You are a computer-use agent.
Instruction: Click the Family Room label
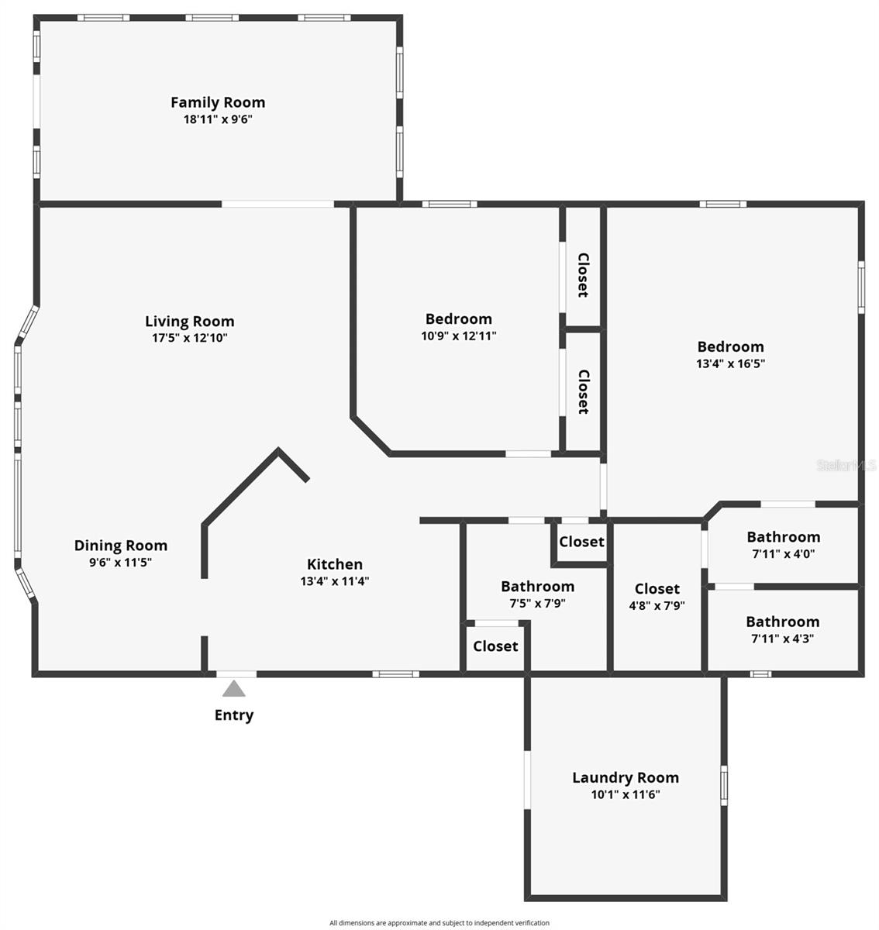tap(218, 102)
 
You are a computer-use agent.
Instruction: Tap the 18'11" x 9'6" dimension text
tap(218, 120)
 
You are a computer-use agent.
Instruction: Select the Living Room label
tap(190, 322)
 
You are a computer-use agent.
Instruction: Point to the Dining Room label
tap(121, 546)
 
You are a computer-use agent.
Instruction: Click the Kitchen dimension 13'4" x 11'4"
tap(335, 581)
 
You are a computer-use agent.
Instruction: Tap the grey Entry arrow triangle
tap(234, 688)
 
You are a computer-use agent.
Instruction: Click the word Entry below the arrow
tap(234, 715)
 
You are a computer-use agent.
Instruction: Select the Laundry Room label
tap(626, 778)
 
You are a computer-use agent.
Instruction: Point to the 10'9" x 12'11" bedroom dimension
tap(459, 336)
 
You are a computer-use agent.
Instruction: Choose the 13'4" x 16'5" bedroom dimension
tap(731, 364)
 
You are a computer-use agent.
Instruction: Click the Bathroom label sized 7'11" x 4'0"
tap(784, 537)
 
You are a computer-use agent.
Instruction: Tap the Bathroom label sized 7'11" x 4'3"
tap(783, 622)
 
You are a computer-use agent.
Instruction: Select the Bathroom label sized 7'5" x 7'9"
tap(538, 587)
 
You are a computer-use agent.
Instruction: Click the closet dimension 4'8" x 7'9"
tap(657, 606)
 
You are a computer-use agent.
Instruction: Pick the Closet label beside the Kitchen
tap(496, 646)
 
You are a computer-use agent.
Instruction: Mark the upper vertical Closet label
tap(583, 275)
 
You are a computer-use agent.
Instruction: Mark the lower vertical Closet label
tap(583, 391)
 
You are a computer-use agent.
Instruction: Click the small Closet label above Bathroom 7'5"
tap(581, 542)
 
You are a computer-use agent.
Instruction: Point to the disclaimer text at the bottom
tap(439, 923)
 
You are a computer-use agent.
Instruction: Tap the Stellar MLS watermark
tap(846, 466)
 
